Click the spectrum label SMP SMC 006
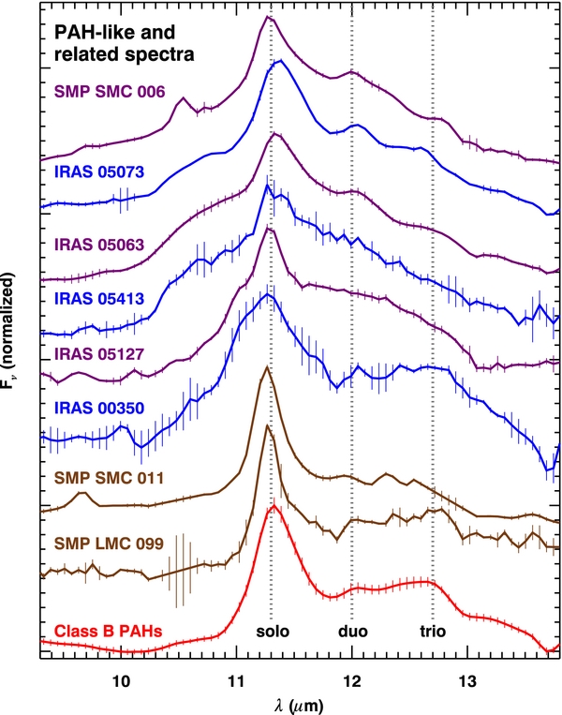[110, 92]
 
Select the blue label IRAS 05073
[99, 171]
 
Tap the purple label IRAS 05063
[99, 245]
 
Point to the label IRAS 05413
[99, 299]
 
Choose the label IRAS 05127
[99, 354]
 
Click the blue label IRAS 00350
[99, 408]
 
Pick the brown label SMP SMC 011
[109, 478]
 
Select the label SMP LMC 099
[109, 544]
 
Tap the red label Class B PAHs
[108, 632]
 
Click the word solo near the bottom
[273, 632]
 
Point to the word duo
[353, 632]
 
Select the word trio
[433, 632]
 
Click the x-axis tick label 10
[121, 681]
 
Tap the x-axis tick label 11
[236, 681]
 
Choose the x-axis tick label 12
[352, 681]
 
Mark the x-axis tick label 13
[467, 681]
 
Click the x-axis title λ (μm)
[299, 706]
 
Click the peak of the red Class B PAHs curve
[274, 505]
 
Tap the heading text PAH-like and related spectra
[124, 43]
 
